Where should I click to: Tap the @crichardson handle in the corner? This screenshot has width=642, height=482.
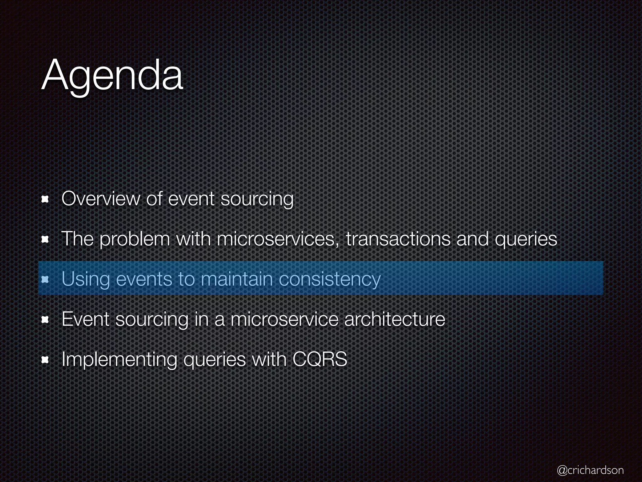[590, 470]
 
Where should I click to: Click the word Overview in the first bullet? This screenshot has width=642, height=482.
[101, 199]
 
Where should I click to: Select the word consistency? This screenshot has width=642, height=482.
[329, 279]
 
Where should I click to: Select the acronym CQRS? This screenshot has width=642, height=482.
[320, 359]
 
